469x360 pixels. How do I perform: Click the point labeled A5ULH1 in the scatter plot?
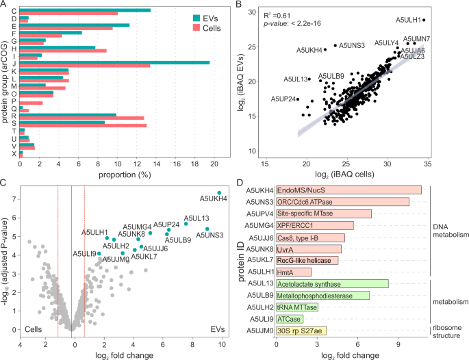tap(424, 20)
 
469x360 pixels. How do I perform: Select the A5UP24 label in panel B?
tap(283, 99)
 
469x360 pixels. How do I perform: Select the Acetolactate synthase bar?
tap(332, 283)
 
